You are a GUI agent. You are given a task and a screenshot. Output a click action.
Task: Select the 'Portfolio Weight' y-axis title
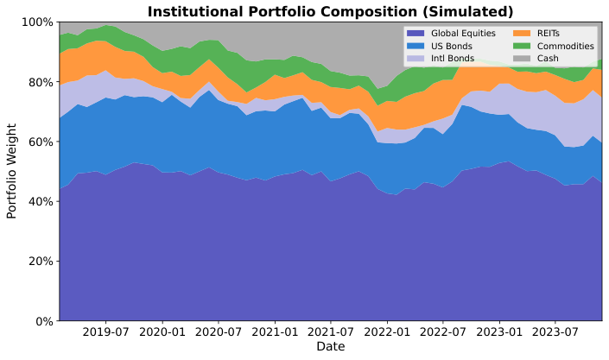point(12,171)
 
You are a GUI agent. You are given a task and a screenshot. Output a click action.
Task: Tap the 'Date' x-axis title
point(330,347)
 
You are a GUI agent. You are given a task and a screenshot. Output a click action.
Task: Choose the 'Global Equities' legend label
point(463,34)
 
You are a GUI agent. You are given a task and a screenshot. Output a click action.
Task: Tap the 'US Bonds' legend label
point(452,46)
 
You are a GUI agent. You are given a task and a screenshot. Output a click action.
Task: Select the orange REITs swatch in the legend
point(522,34)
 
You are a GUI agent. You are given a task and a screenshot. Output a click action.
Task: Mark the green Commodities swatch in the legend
point(522,46)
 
